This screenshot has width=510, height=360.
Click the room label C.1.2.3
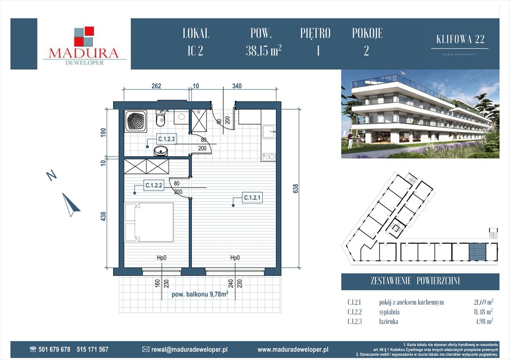(167, 139)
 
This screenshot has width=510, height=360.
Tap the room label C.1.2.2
(153, 186)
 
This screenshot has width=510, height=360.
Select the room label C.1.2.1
(252, 197)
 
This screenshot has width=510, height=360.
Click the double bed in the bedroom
(149, 222)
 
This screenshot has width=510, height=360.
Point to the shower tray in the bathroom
(136, 121)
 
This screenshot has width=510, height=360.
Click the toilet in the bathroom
(160, 119)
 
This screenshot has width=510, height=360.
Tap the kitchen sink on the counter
(269, 132)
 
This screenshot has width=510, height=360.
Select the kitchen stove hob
(269, 157)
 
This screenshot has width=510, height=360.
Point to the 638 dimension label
(296, 188)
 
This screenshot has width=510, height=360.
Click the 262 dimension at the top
(156, 86)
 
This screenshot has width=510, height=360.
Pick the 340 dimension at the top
(237, 86)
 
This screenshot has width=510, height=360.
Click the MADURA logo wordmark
(84, 53)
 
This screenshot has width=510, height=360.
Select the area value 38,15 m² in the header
(264, 51)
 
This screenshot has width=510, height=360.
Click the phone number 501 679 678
(54, 349)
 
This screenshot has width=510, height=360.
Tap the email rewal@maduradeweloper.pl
(189, 350)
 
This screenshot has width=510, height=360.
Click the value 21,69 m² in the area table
(483, 302)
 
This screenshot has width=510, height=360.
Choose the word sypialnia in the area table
(389, 312)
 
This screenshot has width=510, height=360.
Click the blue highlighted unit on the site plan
(477, 252)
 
